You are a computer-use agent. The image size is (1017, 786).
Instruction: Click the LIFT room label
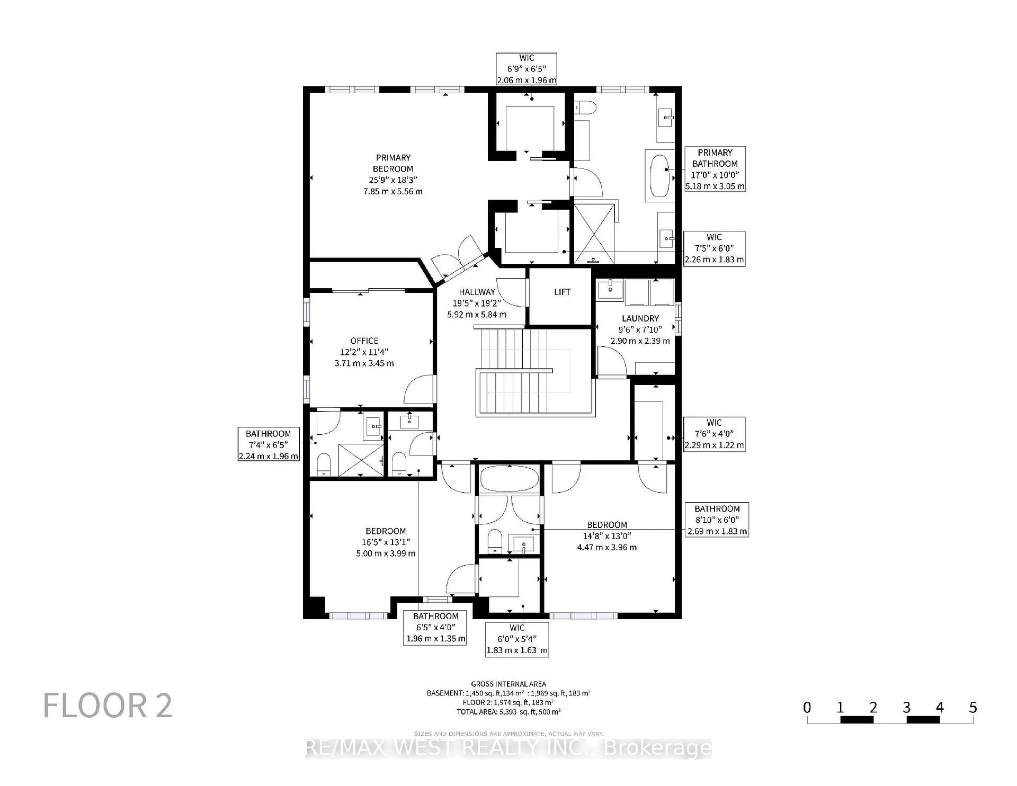click(x=562, y=292)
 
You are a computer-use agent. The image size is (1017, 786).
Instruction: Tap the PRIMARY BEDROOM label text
click(x=393, y=163)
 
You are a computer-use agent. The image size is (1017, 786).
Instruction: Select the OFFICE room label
click(x=364, y=341)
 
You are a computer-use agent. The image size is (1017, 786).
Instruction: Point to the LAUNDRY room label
click(x=640, y=318)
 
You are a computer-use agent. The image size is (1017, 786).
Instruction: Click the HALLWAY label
click(x=477, y=292)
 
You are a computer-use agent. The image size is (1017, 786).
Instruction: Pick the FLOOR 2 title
click(x=108, y=705)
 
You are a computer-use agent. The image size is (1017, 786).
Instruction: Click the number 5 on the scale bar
click(x=973, y=707)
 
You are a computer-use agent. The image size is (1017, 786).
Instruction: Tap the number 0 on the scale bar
click(x=807, y=707)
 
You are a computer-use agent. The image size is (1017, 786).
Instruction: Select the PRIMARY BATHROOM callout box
click(x=715, y=169)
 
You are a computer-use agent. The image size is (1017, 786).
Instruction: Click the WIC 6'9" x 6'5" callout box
click(x=527, y=69)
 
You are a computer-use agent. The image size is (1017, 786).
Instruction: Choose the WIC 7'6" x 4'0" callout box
click(x=714, y=434)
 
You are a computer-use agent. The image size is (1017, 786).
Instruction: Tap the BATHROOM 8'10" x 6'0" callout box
click(x=717, y=520)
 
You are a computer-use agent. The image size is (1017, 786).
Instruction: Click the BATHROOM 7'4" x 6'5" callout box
click(x=269, y=444)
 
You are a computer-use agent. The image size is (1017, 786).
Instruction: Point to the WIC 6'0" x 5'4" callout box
click(x=517, y=639)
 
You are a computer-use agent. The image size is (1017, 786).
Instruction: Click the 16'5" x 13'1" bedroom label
click(x=386, y=542)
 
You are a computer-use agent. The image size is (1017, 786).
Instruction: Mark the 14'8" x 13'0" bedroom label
click(x=607, y=536)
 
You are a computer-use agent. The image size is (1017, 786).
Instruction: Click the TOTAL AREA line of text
click(x=508, y=712)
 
